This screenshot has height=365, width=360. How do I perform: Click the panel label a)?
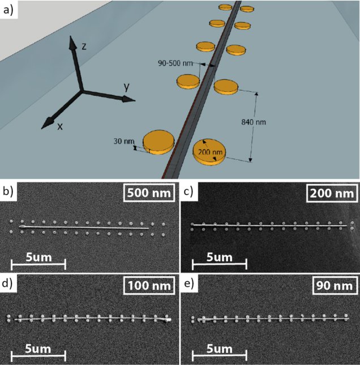pos(8,9)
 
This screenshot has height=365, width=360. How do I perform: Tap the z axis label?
pos(84,46)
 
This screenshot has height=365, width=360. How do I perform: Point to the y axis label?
pos(127,87)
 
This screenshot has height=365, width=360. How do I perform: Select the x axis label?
pos(59,126)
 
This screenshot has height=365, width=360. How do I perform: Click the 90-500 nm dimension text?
pos(176,63)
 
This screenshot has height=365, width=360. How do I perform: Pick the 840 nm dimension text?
pos(253,122)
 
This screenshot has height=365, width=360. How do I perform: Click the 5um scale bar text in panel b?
pos(38,258)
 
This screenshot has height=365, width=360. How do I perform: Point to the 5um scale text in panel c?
pos(219,258)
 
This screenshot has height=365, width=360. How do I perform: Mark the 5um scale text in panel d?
pos(38,349)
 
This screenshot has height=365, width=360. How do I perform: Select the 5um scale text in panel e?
pos(219,349)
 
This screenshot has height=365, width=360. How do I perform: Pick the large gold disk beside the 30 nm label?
pos(157,141)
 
